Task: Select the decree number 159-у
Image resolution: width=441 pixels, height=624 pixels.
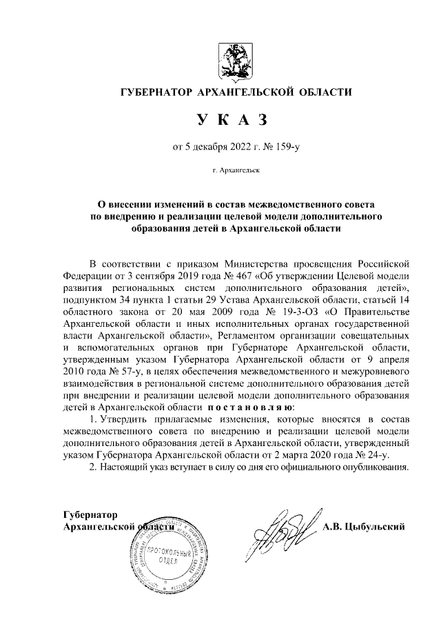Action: [x=283, y=145]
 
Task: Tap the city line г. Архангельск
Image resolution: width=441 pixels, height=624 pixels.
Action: [x=231, y=169]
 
